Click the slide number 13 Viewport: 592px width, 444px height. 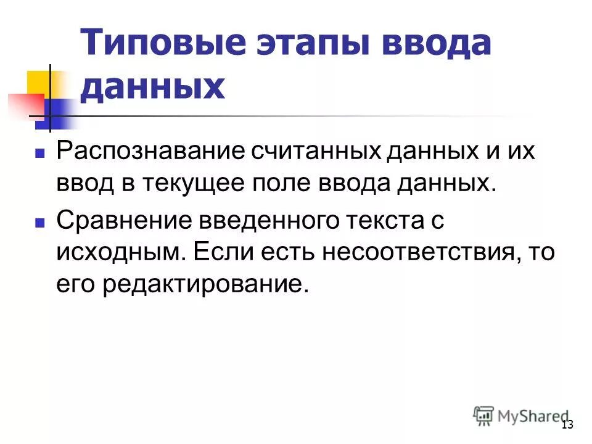coord(567,424)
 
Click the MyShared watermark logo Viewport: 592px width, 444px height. coord(520,414)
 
